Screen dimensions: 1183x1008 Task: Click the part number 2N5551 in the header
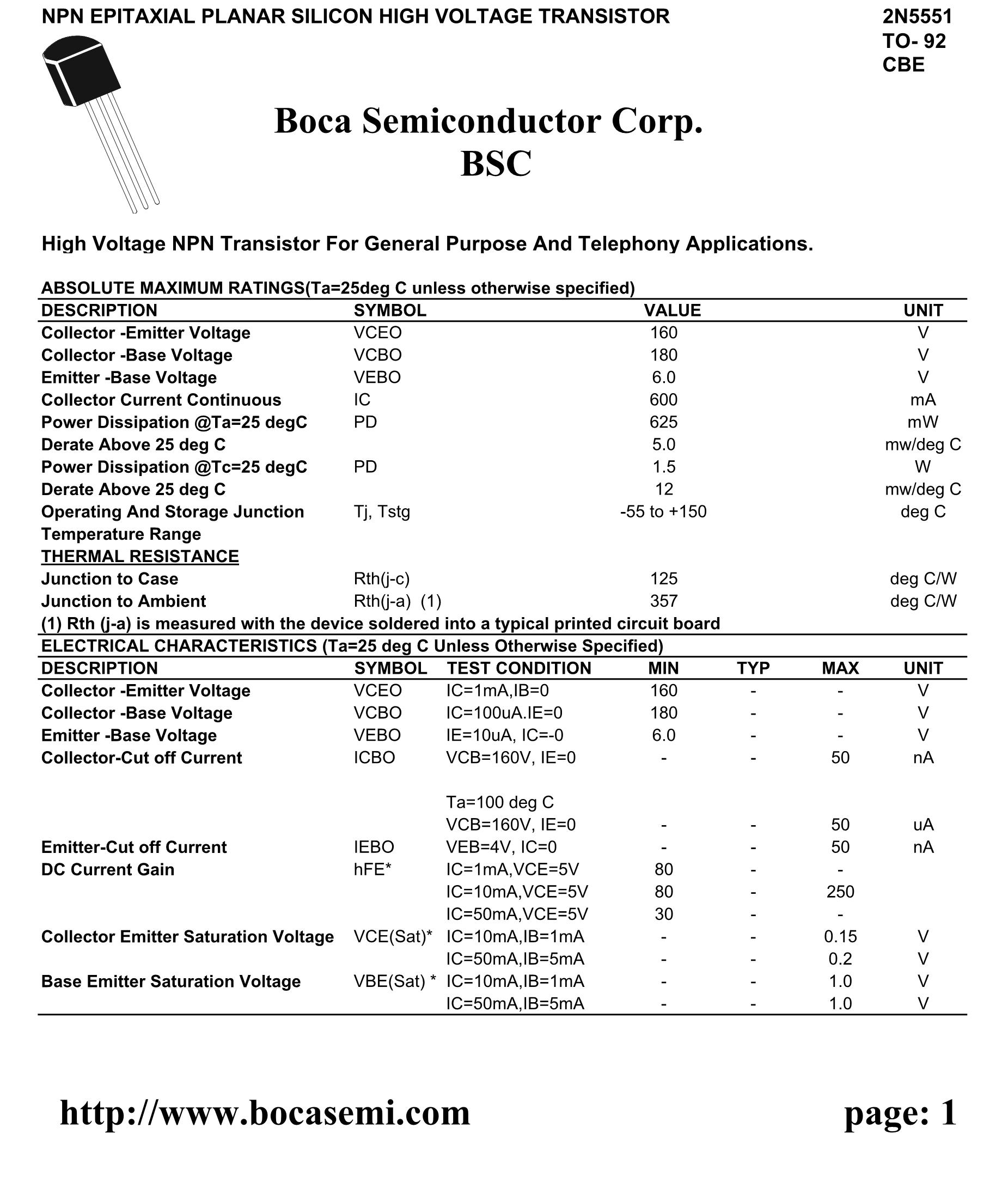pos(917,17)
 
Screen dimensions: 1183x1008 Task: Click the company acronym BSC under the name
pos(496,164)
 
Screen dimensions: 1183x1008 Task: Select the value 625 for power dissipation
pos(663,422)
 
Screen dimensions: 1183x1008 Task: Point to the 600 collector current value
pos(663,400)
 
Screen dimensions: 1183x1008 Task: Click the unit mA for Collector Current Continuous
pos(923,400)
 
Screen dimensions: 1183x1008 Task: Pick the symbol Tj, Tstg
pos(382,511)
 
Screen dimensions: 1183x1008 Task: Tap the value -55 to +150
pos(663,511)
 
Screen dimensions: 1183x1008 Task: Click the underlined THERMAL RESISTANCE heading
pos(140,556)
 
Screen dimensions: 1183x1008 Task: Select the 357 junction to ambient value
pos(663,601)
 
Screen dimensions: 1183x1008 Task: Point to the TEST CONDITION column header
pos(519,668)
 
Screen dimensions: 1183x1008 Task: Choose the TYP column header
pos(753,668)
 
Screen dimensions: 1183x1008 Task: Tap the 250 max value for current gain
pos(840,892)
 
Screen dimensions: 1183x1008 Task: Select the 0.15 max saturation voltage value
pos(840,936)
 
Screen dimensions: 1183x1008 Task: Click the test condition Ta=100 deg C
pos(500,802)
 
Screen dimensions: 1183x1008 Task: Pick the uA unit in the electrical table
pos(923,825)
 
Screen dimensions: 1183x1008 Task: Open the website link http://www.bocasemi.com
pos(265,1113)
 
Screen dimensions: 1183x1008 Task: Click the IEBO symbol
pos(374,847)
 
